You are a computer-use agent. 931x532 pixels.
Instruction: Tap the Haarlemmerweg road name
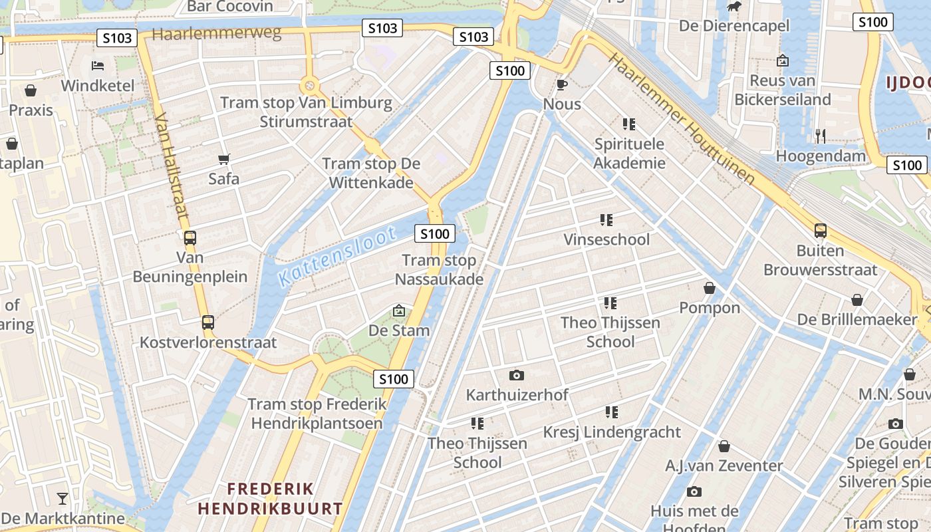coord(217,34)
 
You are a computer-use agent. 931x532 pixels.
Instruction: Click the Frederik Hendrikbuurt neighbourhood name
coord(270,499)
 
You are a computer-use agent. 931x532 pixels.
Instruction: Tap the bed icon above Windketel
coord(98,66)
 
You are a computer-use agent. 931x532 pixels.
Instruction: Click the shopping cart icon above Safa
coord(224,159)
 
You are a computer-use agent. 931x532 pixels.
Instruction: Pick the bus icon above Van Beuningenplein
coord(190,237)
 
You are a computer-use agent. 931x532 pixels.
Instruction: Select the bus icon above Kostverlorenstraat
coord(208,323)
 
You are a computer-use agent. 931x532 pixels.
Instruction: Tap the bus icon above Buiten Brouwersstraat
coord(821,231)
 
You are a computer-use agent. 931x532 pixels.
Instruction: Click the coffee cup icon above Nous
coord(562,84)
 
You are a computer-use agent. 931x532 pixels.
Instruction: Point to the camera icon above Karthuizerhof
coord(517,375)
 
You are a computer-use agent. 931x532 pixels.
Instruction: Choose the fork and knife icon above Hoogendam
coord(821,136)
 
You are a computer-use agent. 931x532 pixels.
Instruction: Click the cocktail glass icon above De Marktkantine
coord(63,498)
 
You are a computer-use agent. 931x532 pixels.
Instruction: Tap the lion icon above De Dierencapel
coord(734,7)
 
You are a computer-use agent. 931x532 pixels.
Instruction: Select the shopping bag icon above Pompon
coord(710,288)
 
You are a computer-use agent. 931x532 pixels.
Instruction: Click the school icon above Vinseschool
coord(606,219)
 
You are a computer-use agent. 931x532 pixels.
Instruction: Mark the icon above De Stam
coord(399,311)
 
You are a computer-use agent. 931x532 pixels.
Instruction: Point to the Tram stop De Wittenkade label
coord(371,173)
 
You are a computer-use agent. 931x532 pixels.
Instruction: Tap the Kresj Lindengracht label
coord(612,432)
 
